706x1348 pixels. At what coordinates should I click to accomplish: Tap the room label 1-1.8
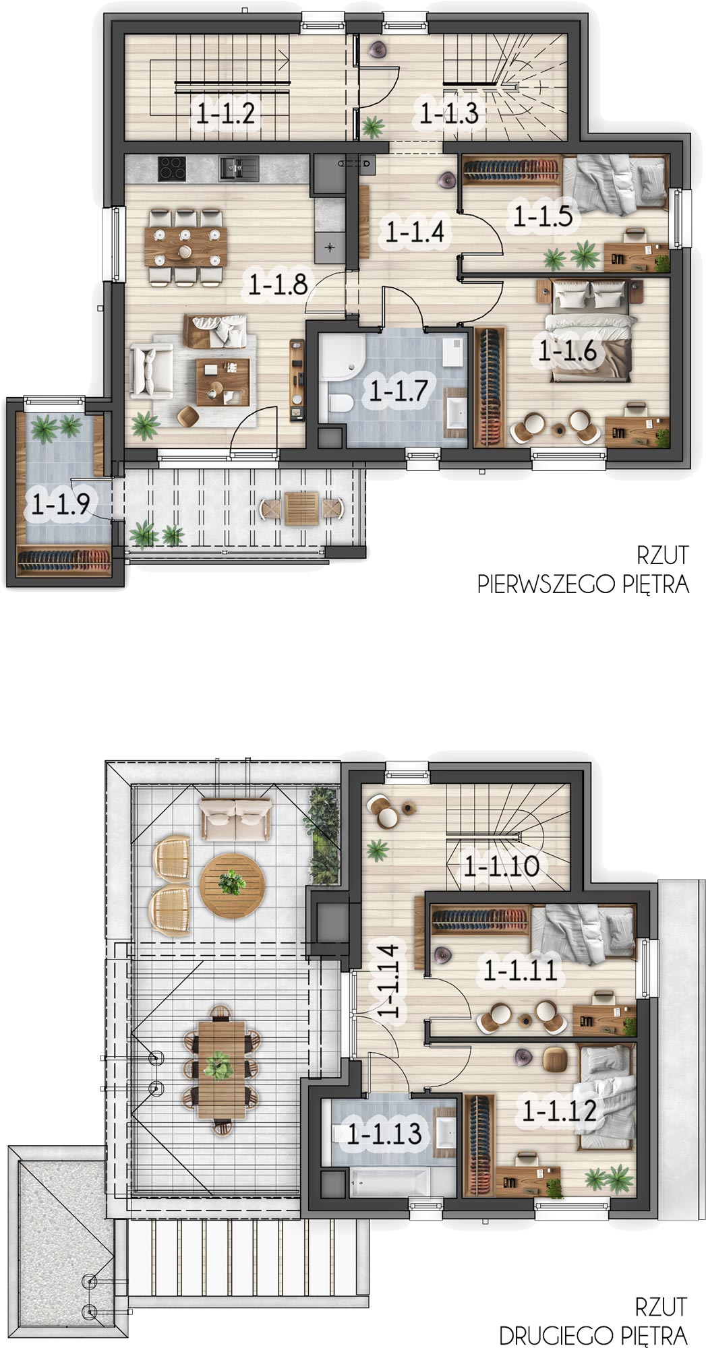pyautogui.click(x=278, y=284)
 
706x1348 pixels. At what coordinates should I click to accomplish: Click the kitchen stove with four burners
pyautogui.click(x=172, y=168)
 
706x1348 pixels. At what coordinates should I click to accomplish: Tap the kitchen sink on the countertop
pyautogui.click(x=238, y=168)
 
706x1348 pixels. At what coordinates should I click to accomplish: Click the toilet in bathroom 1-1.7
pyautogui.click(x=340, y=404)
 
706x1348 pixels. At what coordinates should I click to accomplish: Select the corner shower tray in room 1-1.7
pyautogui.click(x=341, y=357)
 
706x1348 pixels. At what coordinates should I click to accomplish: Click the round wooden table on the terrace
pyautogui.click(x=233, y=885)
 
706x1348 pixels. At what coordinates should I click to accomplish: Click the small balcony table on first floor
pyautogui.click(x=301, y=508)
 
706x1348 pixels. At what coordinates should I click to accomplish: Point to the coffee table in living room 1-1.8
pyautogui.click(x=223, y=382)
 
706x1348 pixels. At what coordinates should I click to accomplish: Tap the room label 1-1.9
pyautogui.click(x=61, y=503)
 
